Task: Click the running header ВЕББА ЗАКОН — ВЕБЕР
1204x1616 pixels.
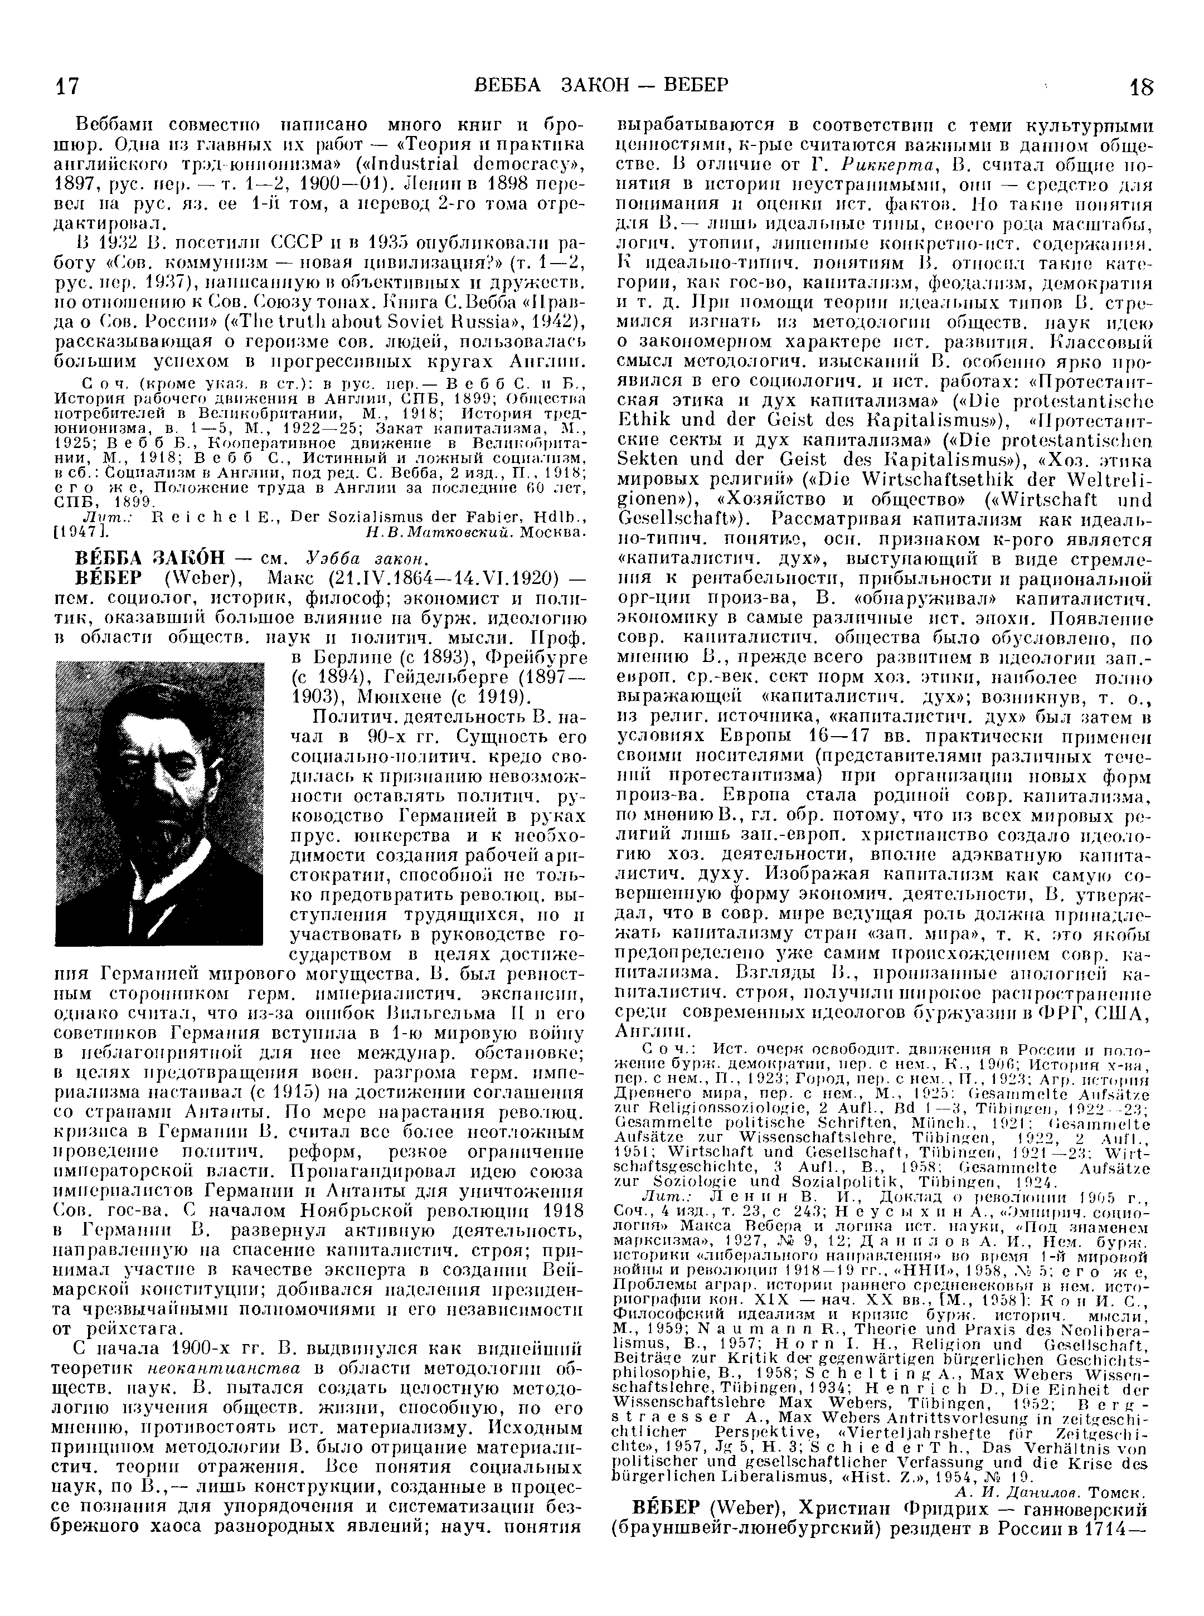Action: click(x=600, y=85)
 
